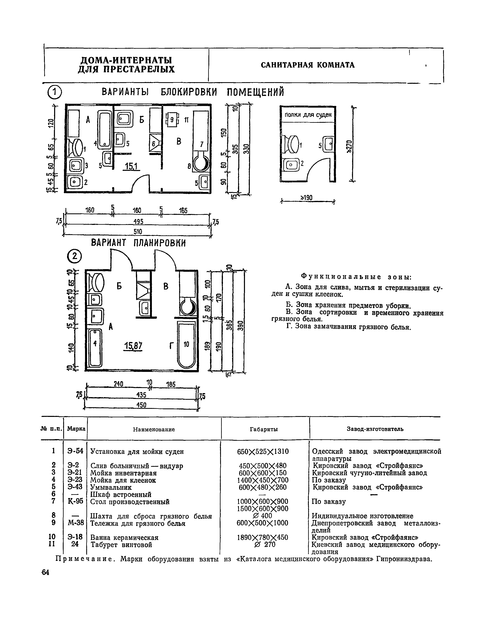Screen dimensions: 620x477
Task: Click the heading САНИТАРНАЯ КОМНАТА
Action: pos(308,65)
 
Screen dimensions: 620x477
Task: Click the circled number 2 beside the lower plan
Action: pos(74,256)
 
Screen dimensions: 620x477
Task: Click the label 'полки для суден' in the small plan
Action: pos(308,115)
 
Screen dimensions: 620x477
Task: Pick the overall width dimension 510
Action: pos(138,232)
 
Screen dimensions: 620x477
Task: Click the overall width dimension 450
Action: pos(141,405)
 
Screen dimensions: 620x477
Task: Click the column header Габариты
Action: pos(264,429)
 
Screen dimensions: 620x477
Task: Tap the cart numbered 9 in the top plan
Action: pos(172,120)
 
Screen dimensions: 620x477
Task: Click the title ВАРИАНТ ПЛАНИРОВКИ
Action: pos(138,243)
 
